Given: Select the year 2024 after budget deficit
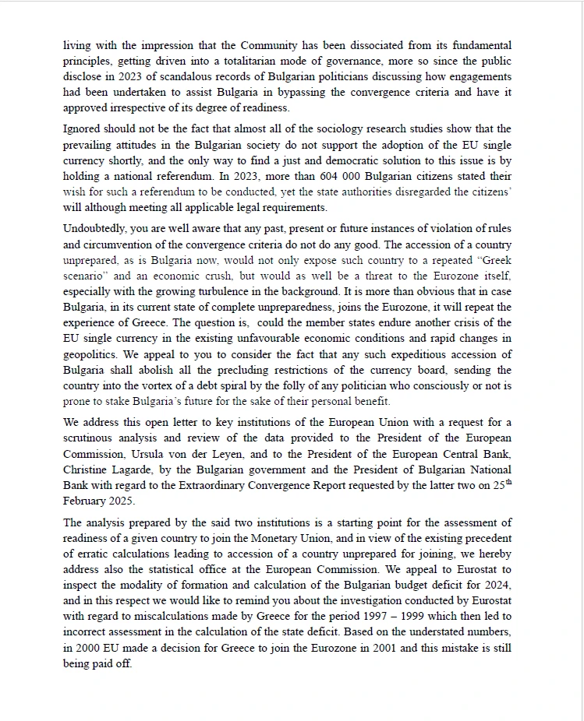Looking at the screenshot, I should pos(496,585).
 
